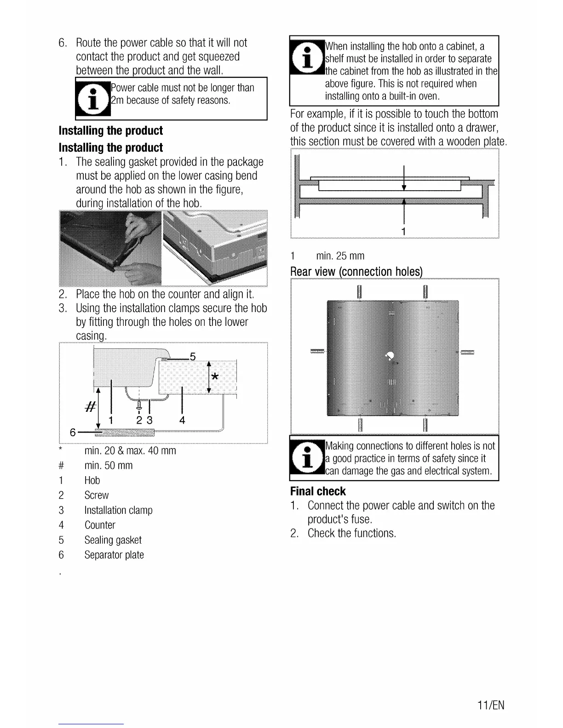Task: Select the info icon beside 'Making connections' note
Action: [x=307, y=458]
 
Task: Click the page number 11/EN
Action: [x=490, y=705]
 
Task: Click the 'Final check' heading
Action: [x=318, y=491]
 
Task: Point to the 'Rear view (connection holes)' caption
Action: [x=356, y=272]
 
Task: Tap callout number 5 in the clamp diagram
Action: [x=193, y=356]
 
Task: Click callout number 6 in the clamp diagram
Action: [x=73, y=432]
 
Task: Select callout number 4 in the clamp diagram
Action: [x=182, y=420]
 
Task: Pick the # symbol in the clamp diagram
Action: [x=91, y=406]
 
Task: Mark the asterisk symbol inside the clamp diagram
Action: [x=214, y=377]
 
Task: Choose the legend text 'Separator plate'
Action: [x=114, y=555]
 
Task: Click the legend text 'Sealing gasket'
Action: [x=113, y=540]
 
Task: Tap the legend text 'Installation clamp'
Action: [x=118, y=510]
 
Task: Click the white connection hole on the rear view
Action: [x=391, y=355]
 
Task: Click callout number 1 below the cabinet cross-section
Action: [x=403, y=231]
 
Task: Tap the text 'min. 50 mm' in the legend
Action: [x=109, y=466]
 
